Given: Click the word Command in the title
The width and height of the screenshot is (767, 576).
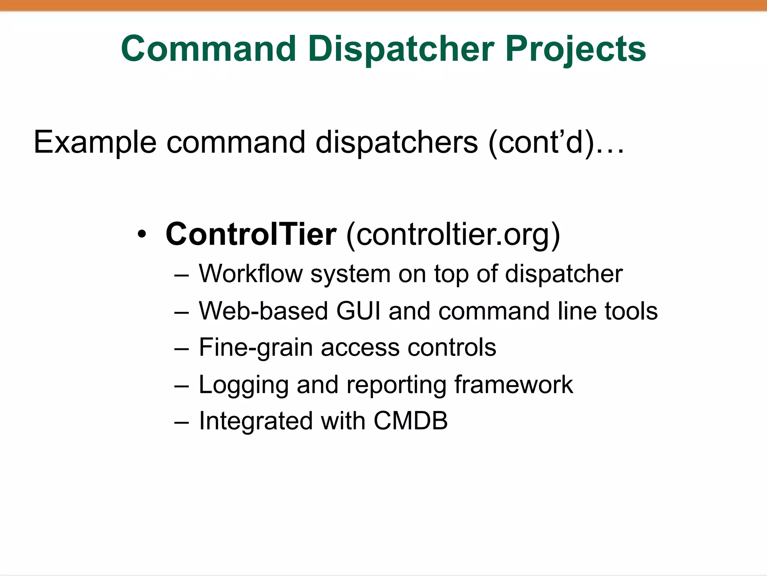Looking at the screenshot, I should click(x=208, y=49).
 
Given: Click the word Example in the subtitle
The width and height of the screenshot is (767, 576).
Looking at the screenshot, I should click(x=95, y=142).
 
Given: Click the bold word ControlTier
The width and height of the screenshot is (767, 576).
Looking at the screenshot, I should click(x=251, y=234).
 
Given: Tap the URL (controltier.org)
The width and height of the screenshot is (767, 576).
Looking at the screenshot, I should click(x=453, y=235).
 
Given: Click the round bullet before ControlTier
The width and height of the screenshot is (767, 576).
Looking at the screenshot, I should click(x=142, y=235).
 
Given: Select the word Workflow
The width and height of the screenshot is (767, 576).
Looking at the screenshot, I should click(x=250, y=274).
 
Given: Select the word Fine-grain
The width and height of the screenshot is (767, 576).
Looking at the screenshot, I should click(x=255, y=348).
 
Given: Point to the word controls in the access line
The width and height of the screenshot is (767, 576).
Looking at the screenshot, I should click(x=452, y=347).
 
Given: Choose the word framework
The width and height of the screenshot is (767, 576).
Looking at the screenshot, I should click(x=513, y=384).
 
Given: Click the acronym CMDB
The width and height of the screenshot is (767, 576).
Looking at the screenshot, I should click(x=410, y=421).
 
